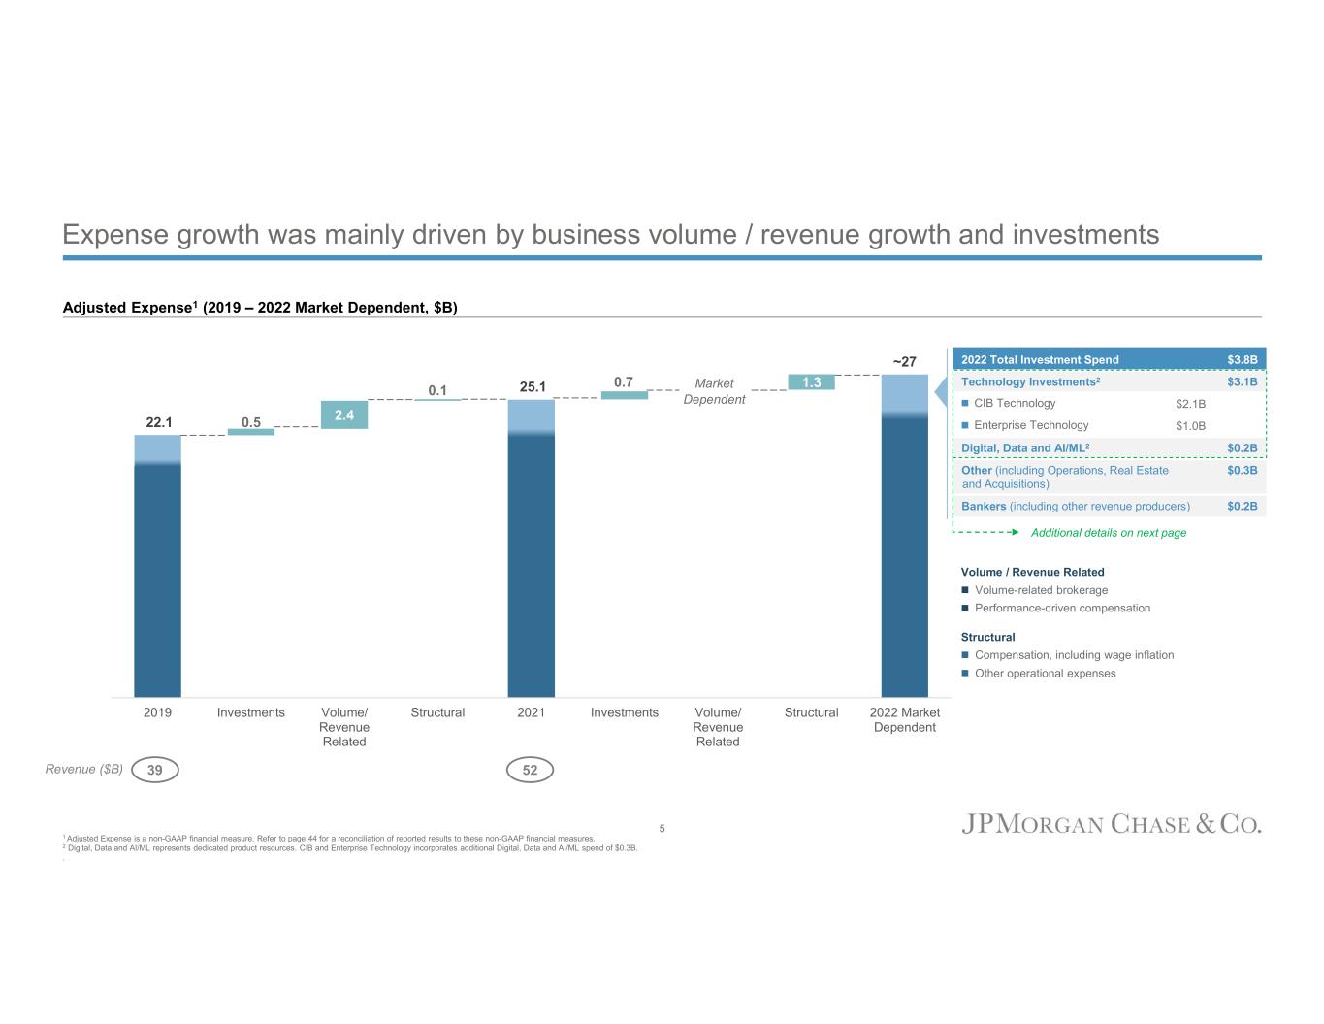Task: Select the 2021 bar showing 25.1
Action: coord(531,547)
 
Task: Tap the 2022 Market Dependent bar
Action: coord(904,535)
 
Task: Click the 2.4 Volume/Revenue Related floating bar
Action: coord(344,414)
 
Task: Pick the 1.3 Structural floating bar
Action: coord(811,382)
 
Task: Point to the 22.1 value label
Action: coord(158,422)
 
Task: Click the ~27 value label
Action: coord(904,362)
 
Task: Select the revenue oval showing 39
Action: coord(155,770)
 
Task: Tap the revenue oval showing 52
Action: coord(530,770)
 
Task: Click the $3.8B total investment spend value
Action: coord(1242,360)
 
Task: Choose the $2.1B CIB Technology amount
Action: coord(1190,404)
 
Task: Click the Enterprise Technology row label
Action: coord(1031,425)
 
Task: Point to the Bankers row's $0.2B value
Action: coord(1242,506)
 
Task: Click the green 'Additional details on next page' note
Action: coord(1108,533)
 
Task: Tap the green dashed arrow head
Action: coord(1014,532)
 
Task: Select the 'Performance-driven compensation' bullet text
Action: coord(1062,609)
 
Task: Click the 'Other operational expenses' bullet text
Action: coord(1045,674)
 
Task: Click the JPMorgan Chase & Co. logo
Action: coord(1112,824)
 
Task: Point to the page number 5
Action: coord(662,828)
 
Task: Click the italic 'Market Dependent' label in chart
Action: coord(714,391)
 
